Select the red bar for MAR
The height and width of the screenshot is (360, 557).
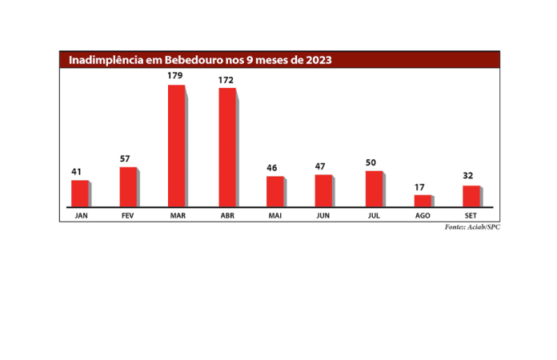[177, 146]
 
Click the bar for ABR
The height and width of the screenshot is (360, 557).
[227, 148]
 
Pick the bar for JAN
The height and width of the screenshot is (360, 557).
[80, 194]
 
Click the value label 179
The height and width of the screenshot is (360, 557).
[176, 76]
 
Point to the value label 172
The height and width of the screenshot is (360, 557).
[227, 80]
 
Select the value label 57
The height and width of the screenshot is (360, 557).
[125, 159]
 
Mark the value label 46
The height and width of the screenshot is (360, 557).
[272, 168]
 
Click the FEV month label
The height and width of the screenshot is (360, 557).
[127, 216]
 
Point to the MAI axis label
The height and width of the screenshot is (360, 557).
[274, 216]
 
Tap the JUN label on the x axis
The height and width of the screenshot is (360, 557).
[323, 216]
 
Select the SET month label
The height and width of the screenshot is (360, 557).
[471, 216]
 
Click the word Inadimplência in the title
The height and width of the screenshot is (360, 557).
[106, 60]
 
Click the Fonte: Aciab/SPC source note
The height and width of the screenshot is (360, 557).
[472, 227]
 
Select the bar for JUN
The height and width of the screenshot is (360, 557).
[323, 190]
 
